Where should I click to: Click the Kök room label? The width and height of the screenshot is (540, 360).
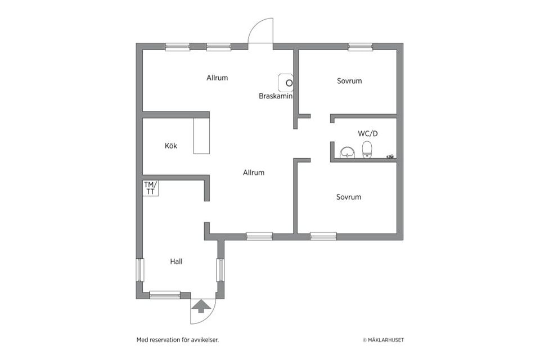pos(171,146)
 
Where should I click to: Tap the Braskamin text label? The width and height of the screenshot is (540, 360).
pos(276,96)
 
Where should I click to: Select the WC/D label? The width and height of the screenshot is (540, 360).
pos(368,133)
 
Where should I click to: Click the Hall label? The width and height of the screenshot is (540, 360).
pos(176,262)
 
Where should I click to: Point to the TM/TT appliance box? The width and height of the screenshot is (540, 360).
pos(151,188)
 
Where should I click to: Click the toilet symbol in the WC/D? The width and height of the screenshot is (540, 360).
pos(367,150)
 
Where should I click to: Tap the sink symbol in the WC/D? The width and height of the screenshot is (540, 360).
pos(348,152)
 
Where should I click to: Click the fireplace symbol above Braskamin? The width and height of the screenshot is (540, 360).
pos(286,83)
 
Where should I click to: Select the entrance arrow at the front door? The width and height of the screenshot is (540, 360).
pos(201,306)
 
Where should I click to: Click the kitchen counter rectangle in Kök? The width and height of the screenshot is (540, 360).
pos(201,136)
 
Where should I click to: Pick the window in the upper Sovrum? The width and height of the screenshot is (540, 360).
pos(360,47)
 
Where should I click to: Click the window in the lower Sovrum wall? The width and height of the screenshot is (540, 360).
pos(323,236)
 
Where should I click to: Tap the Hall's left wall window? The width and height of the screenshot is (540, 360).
pos(139,270)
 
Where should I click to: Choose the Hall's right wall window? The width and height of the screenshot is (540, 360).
pos(220,270)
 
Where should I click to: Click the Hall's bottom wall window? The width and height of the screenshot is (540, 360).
pos(165,295)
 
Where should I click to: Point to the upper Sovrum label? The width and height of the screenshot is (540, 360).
pos(349,81)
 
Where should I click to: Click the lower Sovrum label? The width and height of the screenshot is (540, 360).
pos(349,197)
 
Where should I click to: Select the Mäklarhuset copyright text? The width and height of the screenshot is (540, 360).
pos(383,340)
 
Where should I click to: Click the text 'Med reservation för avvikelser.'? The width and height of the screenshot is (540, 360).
pos(178,340)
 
